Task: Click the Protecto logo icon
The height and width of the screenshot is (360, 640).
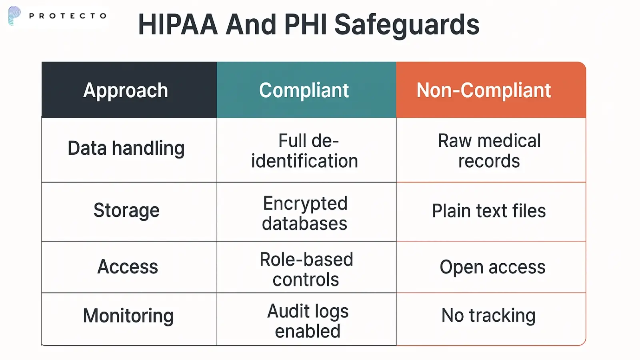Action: (14, 16)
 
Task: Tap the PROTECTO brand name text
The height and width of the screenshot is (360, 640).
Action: (68, 16)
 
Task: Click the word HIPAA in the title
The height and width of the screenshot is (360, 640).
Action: (178, 24)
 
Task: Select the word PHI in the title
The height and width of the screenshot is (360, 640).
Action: (305, 24)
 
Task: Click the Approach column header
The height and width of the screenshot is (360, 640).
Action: (126, 91)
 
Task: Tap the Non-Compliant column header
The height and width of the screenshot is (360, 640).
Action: (484, 90)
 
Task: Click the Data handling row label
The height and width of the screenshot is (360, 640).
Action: (126, 148)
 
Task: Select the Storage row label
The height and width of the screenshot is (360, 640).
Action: (126, 210)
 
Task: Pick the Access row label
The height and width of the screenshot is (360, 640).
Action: (128, 267)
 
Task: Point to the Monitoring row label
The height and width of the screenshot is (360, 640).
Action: (128, 316)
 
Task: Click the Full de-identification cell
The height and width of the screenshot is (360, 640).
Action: (304, 151)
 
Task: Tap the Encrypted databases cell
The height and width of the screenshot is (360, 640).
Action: (305, 213)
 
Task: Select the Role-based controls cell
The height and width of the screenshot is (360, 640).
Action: (306, 269)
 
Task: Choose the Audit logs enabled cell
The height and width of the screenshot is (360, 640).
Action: (308, 321)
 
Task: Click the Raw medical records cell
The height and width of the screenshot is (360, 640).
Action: (489, 151)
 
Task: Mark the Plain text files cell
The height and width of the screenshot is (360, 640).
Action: (488, 211)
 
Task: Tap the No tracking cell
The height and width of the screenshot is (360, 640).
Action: (488, 316)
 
